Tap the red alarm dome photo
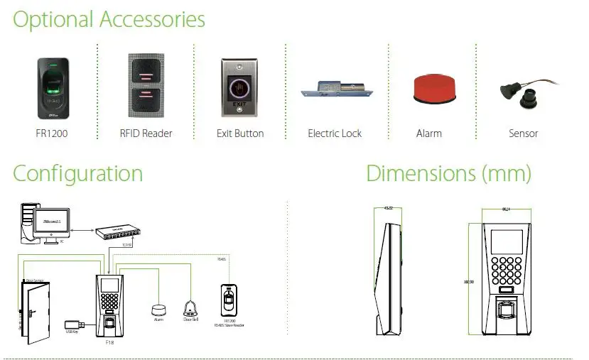(428, 89)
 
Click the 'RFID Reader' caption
(146, 133)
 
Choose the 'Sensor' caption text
(523, 133)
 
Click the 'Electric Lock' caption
(335, 133)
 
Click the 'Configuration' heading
(77, 173)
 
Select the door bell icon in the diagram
(190, 307)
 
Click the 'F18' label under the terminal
(110, 342)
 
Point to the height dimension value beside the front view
(468, 282)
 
